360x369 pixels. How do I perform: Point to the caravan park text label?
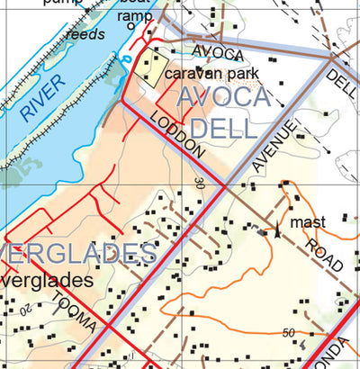[211, 72]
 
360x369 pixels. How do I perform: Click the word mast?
[308, 221]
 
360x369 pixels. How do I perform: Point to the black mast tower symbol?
[278, 231]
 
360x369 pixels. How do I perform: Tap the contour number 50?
[288, 334]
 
